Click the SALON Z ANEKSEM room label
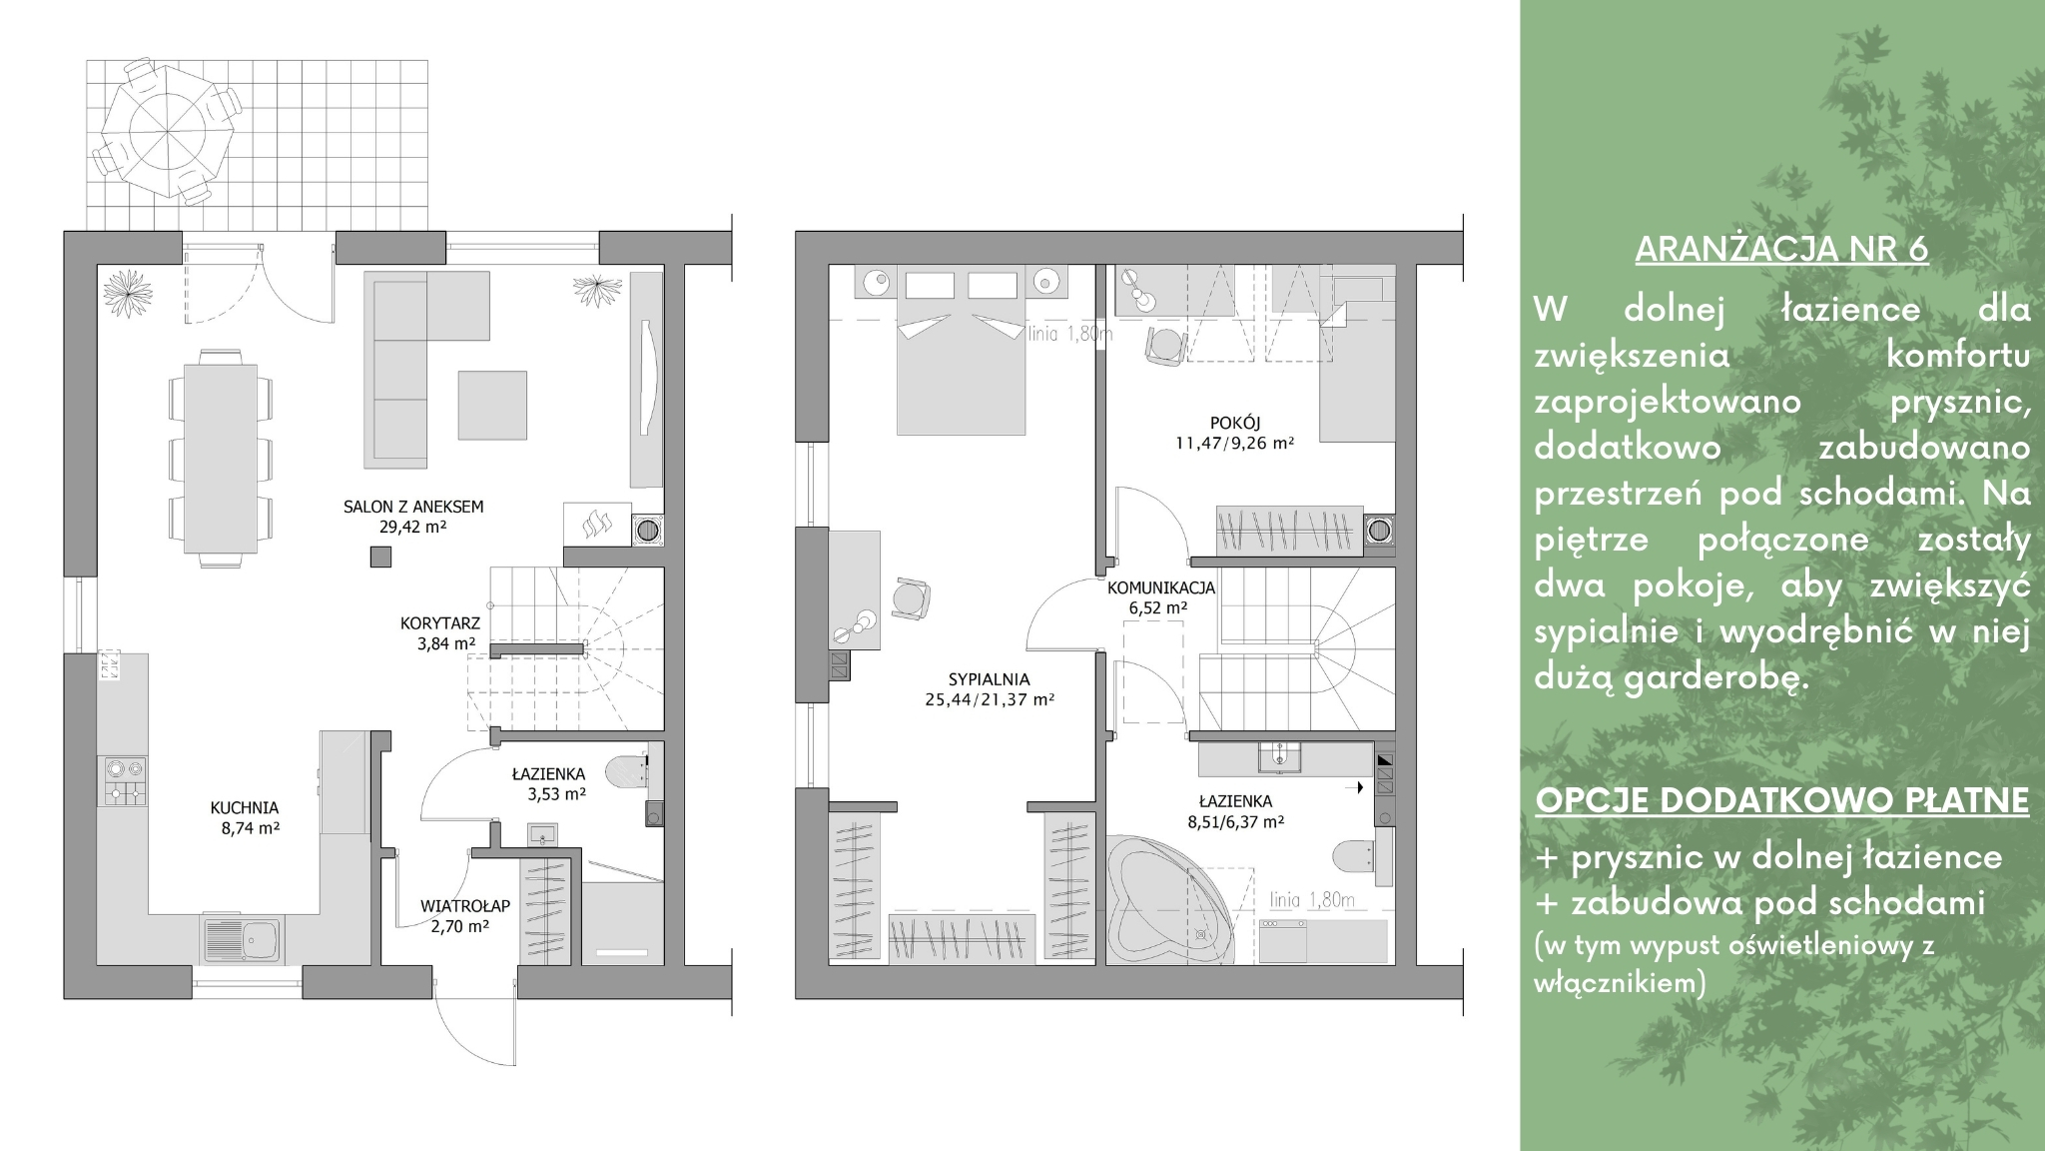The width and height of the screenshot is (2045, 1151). pyautogui.click(x=413, y=507)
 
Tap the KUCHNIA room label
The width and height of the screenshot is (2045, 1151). pyautogui.click(x=245, y=808)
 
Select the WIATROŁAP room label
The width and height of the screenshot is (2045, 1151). pyautogui.click(x=465, y=906)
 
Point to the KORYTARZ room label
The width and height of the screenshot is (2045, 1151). pyautogui.click(x=440, y=623)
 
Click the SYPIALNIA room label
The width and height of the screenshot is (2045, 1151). pyautogui.click(x=990, y=679)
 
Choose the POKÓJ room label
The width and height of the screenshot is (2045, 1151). pyautogui.click(x=1235, y=423)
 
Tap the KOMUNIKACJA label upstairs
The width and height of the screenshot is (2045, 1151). pyautogui.click(x=1161, y=587)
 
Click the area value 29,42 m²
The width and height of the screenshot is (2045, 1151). pyautogui.click(x=412, y=527)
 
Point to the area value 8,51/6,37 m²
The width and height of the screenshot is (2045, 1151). pyautogui.click(x=1235, y=822)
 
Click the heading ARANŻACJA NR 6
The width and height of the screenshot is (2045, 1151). pyautogui.click(x=1781, y=249)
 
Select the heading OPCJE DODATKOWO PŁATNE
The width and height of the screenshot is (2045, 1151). pyautogui.click(x=1782, y=800)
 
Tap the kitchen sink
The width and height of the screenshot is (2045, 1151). pyautogui.click(x=243, y=939)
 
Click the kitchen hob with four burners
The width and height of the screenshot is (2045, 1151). pyautogui.click(x=124, y=781)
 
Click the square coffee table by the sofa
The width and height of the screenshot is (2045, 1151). pyautogui.click(x=492, y=405)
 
